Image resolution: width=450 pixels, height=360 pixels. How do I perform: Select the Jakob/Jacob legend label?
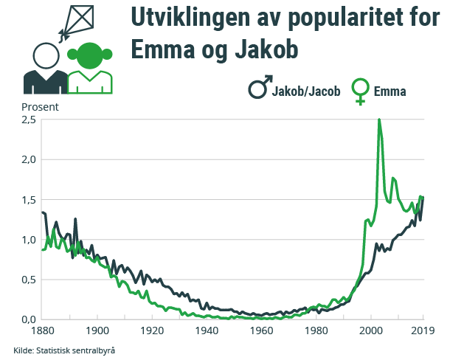click(305, 92)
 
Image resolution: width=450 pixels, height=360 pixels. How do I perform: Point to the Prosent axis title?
click(39, 105)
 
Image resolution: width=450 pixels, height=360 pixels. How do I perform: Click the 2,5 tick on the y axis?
click(29, 120)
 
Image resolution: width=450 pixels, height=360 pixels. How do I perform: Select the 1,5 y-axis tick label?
click(29, 200)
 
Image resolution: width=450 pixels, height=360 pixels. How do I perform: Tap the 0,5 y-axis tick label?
click(29, 280)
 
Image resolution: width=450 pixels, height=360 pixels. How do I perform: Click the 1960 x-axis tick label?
click(261, 330)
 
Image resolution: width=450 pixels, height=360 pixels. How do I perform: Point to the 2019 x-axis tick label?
click(422, 330)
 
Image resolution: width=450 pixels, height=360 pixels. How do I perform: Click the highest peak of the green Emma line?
click(379, 120)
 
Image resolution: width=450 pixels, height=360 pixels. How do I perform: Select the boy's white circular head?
click(46, 55)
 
